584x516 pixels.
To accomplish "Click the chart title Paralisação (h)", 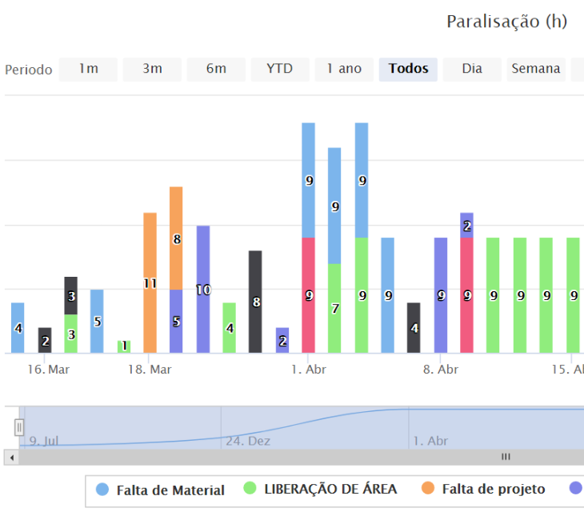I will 506,22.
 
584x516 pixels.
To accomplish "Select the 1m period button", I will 88,69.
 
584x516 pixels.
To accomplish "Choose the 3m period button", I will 152,69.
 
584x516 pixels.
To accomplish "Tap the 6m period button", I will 216,69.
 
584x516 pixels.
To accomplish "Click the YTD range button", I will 279,69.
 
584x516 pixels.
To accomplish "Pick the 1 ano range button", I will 344,69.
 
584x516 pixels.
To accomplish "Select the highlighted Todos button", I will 408,69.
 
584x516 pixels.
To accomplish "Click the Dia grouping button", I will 472,69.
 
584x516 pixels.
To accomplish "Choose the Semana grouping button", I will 535,69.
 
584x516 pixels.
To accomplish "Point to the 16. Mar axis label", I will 47,370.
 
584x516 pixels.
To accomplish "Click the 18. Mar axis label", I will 150,370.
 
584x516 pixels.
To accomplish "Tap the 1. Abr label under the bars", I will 308,370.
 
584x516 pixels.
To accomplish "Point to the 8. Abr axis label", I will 441,370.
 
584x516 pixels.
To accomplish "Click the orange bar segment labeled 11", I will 150,282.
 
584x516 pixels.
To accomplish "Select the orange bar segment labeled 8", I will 176,238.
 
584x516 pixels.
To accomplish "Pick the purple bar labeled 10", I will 203,289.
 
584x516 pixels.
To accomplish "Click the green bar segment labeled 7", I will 334,308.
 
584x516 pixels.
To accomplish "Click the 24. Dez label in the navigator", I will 247,441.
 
